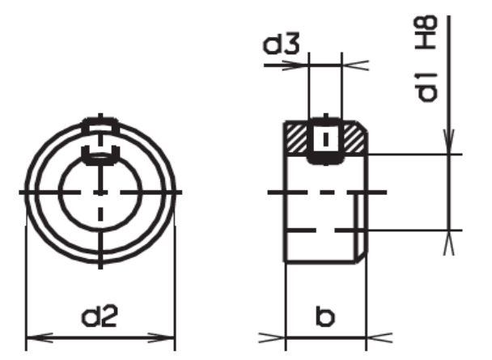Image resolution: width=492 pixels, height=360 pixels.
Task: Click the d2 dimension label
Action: [100, 316]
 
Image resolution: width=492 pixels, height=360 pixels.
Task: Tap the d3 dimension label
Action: [281, 43]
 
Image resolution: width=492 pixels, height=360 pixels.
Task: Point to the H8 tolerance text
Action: [426, 32]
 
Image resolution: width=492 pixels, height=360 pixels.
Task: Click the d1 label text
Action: [426, 88]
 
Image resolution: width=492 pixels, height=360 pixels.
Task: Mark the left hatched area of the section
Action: [296, 139]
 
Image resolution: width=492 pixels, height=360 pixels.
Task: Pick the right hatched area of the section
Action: [354, 139]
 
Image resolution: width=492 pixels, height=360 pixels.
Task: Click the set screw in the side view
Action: [325, 141]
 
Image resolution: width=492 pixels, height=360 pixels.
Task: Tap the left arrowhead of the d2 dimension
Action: [39, 337]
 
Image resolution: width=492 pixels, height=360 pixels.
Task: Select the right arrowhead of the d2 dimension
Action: [161, 337]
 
